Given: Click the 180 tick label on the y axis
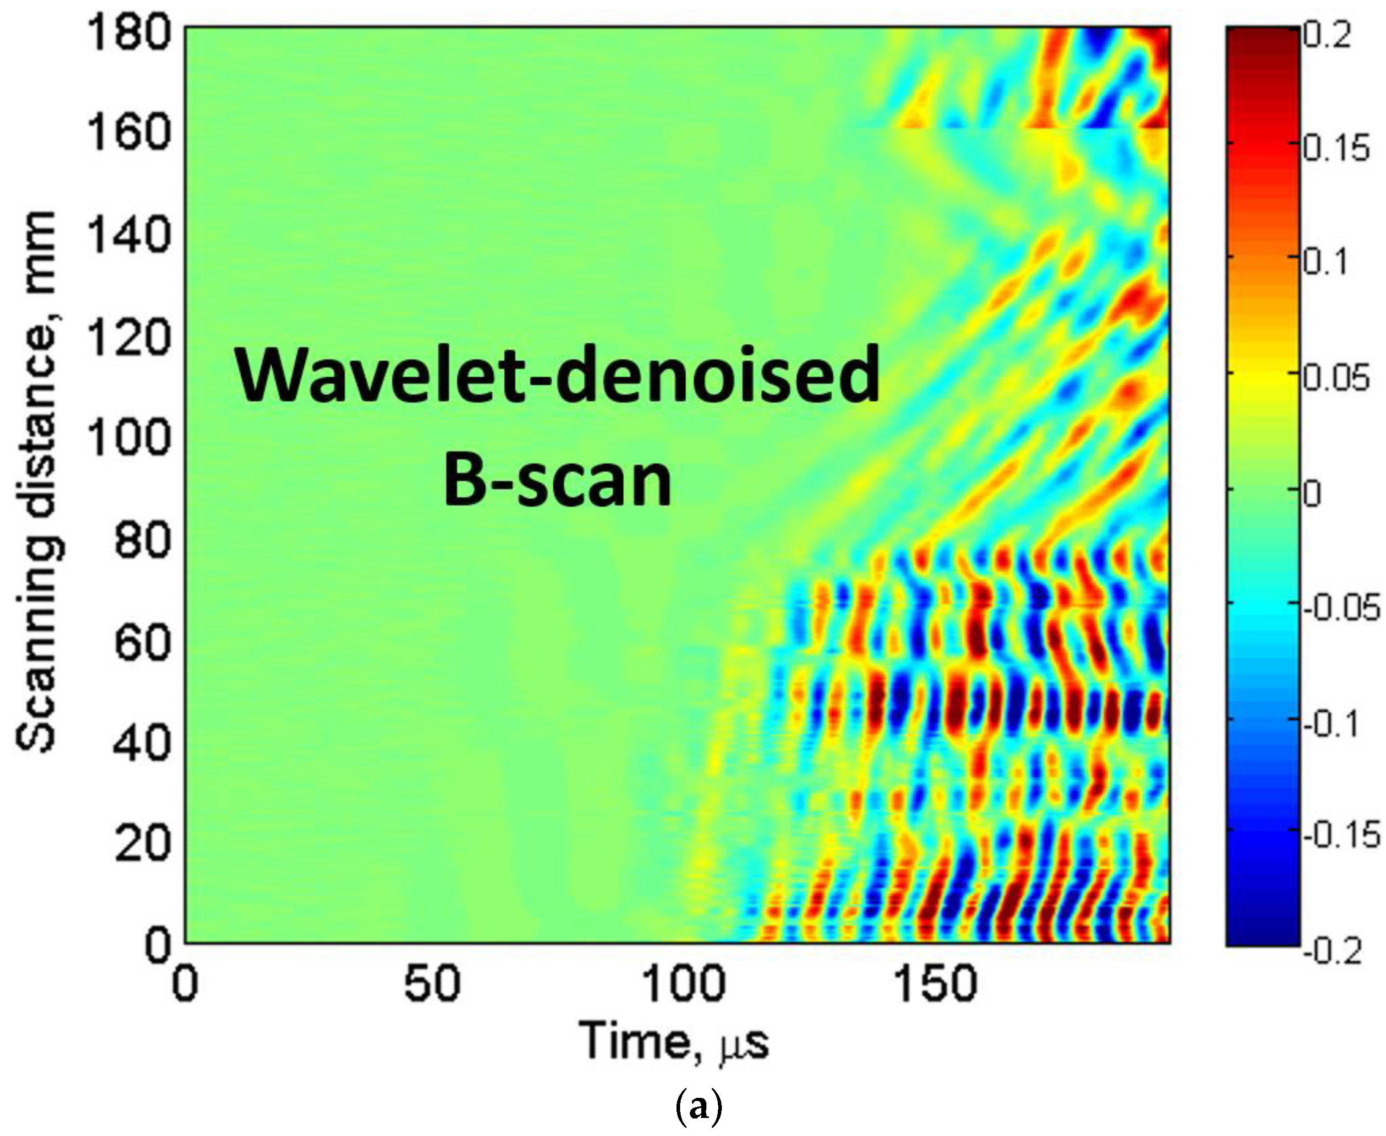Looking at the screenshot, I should pyautogui.click(x=128, y=34).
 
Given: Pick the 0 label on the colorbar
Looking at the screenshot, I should pyautogui.click(x=1311, y=495).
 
